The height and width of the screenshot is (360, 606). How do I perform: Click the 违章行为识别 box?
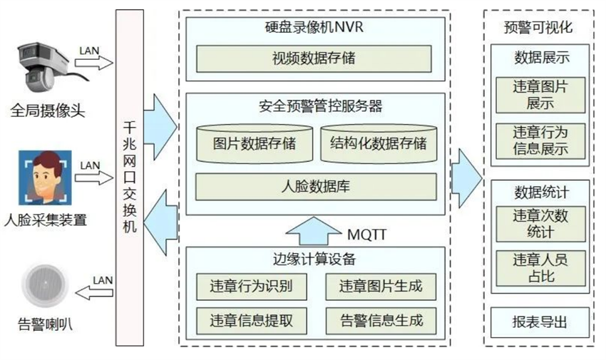coord(249,287)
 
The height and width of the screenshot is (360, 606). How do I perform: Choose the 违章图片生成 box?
coord(379,287)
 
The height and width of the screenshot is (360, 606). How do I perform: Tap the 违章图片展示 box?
coord(540,93)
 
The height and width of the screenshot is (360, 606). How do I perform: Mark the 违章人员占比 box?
coord(540,267)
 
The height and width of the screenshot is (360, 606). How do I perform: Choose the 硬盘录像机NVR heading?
coord(314,29)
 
